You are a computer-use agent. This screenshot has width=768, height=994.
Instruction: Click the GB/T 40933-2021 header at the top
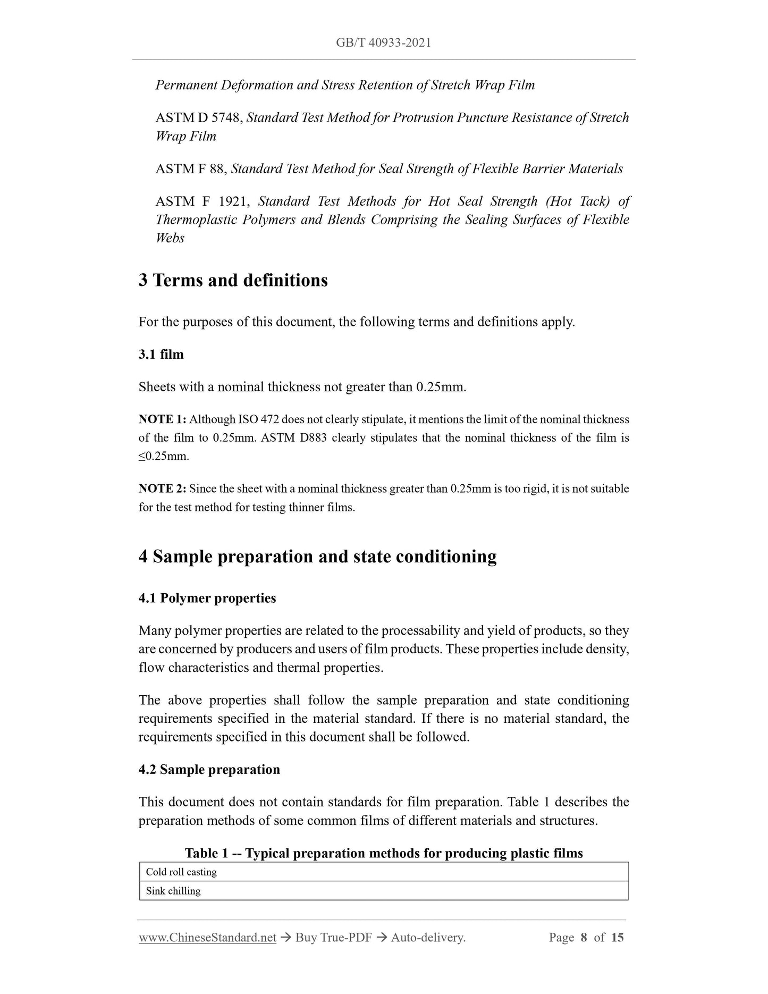pyautogui.click(x=383, y=43)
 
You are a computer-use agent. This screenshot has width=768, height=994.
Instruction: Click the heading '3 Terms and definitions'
pyautogui.click(x=233, y=280)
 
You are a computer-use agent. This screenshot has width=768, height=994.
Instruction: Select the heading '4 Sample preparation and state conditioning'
pyautogui.click(x=317, y=557)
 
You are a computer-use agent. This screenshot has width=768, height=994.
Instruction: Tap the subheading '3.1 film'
pyautogui.click(x=161, y=355)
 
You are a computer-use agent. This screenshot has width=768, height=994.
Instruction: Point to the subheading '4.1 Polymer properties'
pyautogui.click(x=207, y=598)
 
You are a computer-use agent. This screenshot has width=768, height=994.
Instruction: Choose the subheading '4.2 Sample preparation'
pyautogui.click(x=209, y=770)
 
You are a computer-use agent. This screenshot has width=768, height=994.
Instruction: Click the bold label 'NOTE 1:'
pyautogui.click(x=162, y=419)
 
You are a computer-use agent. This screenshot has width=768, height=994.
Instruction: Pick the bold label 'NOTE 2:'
pyautogui.click(x=162, y=488)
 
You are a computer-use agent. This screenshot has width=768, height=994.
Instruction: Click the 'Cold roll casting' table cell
pyautogui.click(x=181, y=872)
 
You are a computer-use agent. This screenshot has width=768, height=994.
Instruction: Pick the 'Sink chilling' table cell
pyautogui.click(x=173, y=891)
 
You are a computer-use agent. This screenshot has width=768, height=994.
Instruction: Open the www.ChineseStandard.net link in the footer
pyautogui.click(x=207, y=938)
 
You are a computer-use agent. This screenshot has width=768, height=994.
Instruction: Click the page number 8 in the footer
pyautogui.click(x=584, y=938)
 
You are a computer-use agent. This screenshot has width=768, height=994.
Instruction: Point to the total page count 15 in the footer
pyautogui.click(x=617, y=938)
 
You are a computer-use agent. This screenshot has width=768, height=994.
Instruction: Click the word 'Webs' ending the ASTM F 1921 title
pyautogui.click(x=170, y=238)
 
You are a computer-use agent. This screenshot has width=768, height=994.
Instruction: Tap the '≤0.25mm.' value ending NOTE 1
pyautogui.click(x=164, y=456)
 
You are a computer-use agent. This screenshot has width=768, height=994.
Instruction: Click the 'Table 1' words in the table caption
pyautogui.click(x=209, y=853)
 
